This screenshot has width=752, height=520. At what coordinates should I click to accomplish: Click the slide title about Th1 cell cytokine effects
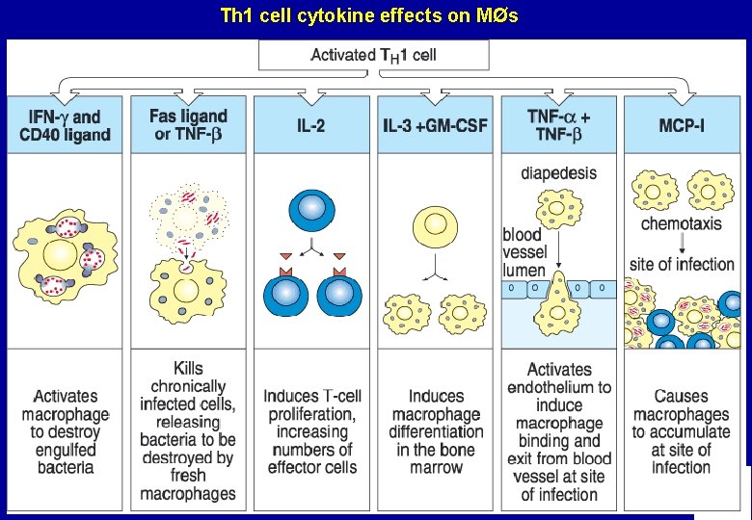[369, 16]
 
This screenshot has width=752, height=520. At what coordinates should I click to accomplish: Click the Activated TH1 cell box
[374, 55]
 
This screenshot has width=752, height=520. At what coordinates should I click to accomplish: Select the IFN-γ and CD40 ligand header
[66, 126]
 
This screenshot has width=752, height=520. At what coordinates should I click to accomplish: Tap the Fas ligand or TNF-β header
[189, 125]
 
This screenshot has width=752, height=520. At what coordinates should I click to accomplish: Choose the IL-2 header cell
[312, 125]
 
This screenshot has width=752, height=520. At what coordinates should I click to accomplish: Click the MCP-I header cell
[682, 125]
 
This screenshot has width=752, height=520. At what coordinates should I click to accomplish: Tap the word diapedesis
[558, 174]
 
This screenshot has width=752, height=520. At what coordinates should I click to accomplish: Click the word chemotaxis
[682, 225]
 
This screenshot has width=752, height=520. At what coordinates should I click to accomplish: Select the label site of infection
[682, 264]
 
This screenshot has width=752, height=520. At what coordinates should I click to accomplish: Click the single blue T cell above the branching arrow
[311, 213]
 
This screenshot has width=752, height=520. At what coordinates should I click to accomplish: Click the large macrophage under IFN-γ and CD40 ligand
[65, 257]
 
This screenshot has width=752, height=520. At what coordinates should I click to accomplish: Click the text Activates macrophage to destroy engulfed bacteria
[65, 430]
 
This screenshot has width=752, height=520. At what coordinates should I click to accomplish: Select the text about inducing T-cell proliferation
[312, 430]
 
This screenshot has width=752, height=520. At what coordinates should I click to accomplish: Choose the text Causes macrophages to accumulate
[682, 430]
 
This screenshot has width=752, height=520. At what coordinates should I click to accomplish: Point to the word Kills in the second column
[188, 369]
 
